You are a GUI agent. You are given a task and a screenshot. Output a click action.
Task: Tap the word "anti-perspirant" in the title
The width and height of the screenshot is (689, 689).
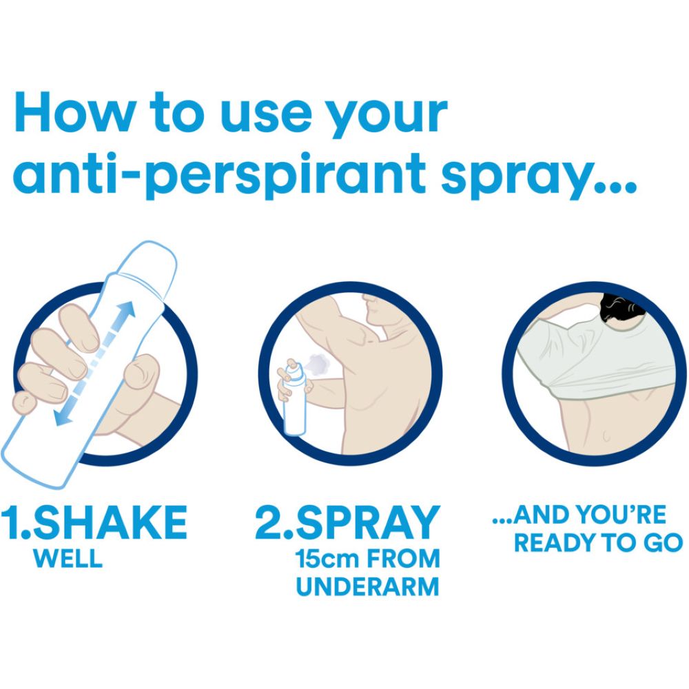[x=220, y=175]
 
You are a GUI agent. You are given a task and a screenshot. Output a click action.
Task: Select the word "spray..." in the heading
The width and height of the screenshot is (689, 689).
[x=539, y=176]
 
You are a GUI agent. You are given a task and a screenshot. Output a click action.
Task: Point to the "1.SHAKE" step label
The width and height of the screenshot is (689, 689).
[x=94, y=522]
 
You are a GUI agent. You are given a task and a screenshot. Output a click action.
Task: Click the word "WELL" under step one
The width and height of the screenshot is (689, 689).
[x=68, y=559]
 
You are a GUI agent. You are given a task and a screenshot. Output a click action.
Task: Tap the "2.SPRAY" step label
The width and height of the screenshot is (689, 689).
[x=347, y=522]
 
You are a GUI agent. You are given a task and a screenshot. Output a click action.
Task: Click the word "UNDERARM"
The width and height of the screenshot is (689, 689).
[x=368, y=586]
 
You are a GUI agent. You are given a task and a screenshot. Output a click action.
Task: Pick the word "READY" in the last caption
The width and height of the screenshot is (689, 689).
[x=555, y=543]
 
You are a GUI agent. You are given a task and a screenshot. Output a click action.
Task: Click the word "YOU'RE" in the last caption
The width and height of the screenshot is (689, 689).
[x=621, y=515]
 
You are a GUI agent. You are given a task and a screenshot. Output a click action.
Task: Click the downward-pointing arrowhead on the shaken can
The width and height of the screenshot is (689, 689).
[x=63, y=418]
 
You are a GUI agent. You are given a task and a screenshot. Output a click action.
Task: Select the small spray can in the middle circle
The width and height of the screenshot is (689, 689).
[x=293, y=397]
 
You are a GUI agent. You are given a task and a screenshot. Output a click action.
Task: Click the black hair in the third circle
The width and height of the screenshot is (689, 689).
[x=621, y=307]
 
